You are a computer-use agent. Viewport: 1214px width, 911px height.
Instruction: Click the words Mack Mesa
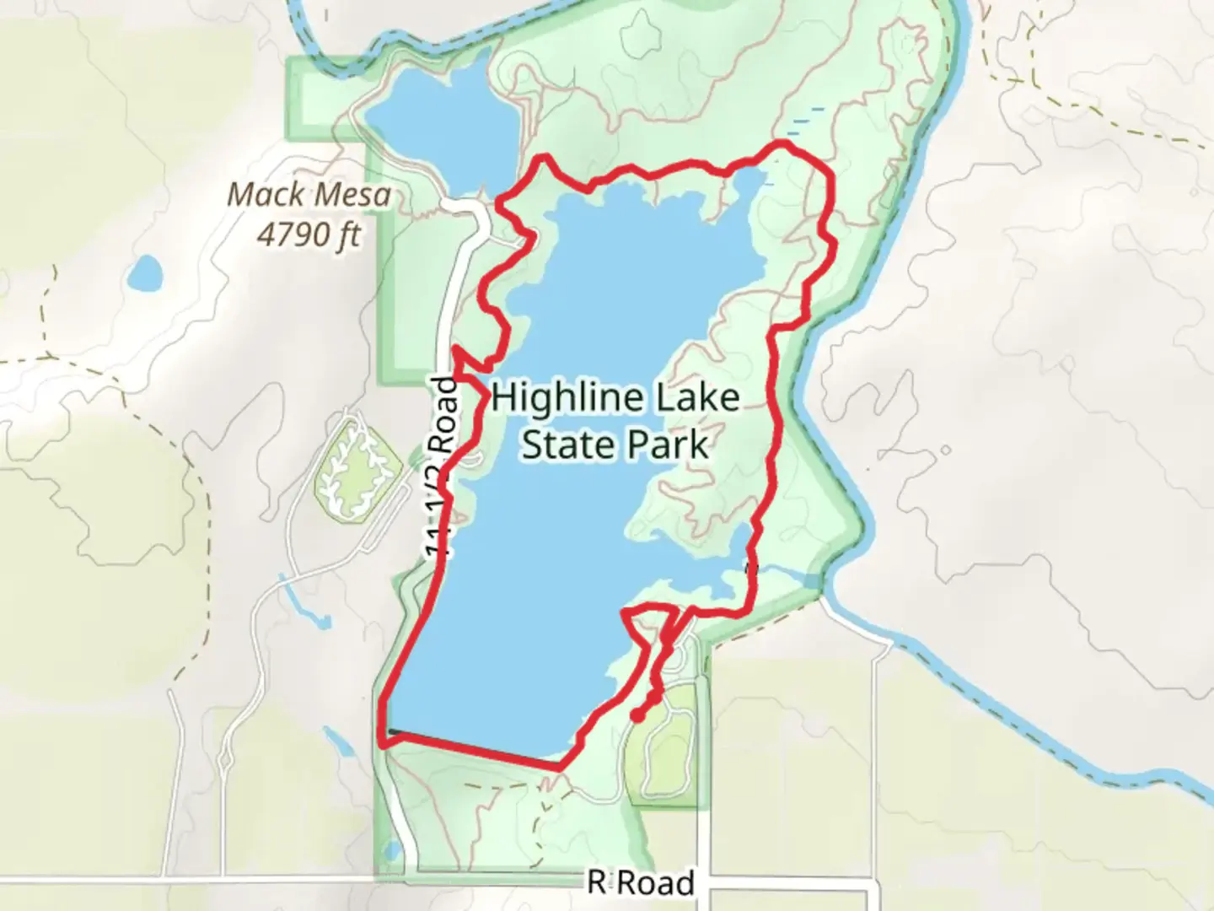309,195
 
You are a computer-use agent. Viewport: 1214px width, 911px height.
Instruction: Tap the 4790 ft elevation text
309,234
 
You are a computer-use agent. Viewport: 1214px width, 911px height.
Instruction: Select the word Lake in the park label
699,396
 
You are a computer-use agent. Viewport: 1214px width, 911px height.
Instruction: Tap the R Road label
642,882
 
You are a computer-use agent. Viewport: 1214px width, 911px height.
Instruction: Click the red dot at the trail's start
637,716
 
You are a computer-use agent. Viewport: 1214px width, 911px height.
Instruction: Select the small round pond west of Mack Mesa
146,272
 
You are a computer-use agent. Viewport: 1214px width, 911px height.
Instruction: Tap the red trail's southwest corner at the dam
384,744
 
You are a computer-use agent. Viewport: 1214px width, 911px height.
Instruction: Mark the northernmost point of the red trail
784,146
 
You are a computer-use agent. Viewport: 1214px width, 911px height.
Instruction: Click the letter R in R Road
597,882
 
